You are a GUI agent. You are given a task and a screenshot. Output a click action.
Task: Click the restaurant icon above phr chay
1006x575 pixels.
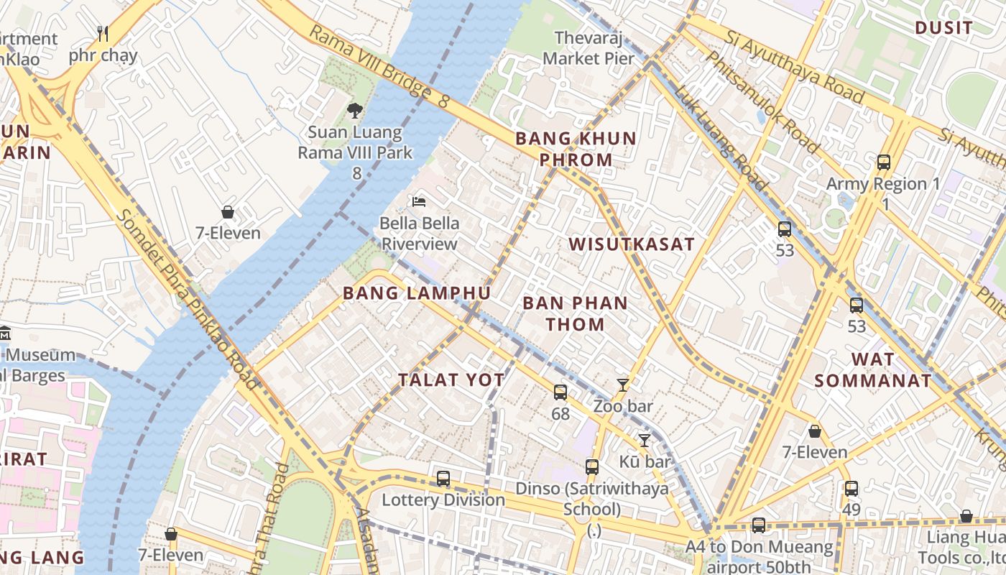pyautogui.click(x=102, y=33)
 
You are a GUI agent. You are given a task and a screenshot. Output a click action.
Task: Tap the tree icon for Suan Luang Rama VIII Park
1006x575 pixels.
pyautogui.click(x=354, y=110)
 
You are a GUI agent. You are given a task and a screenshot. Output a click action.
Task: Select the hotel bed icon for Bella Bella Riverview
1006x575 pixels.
pyautogui.click(x=418, y=201)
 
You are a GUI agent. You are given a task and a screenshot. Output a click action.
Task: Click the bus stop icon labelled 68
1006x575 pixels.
pyautogui.click(x=560, y=392)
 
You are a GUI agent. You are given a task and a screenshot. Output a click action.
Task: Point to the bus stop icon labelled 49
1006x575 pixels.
pyautogui.click(x=852, y=489)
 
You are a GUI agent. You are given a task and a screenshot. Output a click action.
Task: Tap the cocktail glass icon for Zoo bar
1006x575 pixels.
pyautogui.click(x=623, y=385)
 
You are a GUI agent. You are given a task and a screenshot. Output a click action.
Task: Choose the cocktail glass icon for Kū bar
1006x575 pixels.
pyautogui.click(x=645, y=440)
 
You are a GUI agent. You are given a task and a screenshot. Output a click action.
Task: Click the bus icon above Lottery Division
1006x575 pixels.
pyautogui.click(x=443, y=478)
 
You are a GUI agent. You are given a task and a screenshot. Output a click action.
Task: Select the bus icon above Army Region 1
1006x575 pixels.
pyautogui.click(x=884, y=162)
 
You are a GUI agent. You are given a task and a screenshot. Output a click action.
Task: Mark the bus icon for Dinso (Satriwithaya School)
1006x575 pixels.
pyautogui.click(x=592, y=467)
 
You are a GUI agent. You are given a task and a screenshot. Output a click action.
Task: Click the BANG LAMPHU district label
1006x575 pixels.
pyautogui.click(x=417, y=293)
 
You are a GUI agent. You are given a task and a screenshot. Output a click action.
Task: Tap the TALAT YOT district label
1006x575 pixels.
pyautogui.click(x=451, y=380)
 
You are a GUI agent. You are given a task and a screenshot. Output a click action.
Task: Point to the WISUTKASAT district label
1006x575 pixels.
pyautogui.click(x=632, y=244)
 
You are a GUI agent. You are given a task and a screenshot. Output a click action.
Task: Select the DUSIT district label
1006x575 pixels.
pyautogui.click(x=943, y=29)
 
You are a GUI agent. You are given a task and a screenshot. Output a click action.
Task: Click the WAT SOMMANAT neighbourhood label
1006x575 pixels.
pyautogui.click(x=873, y=370)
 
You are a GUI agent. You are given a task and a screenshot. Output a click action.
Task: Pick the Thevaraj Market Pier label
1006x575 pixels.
pyautogui.click(x=589, y=47)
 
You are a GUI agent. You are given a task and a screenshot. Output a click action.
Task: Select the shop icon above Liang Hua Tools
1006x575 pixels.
pyautogui.click(x=966, y=517)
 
